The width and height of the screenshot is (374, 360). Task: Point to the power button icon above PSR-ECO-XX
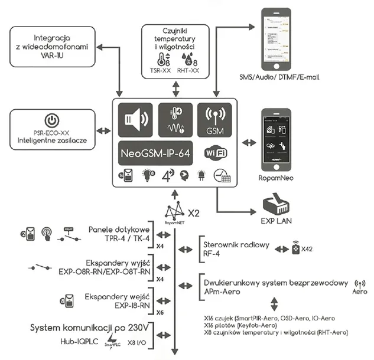(53, 122)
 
